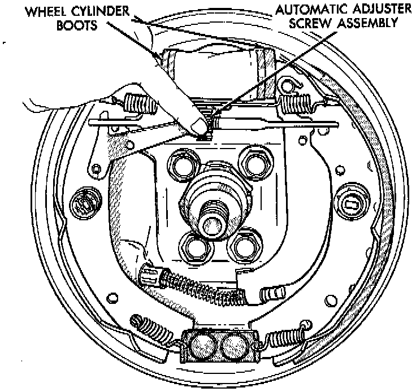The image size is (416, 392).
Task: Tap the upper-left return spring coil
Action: [x=136, y=103]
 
